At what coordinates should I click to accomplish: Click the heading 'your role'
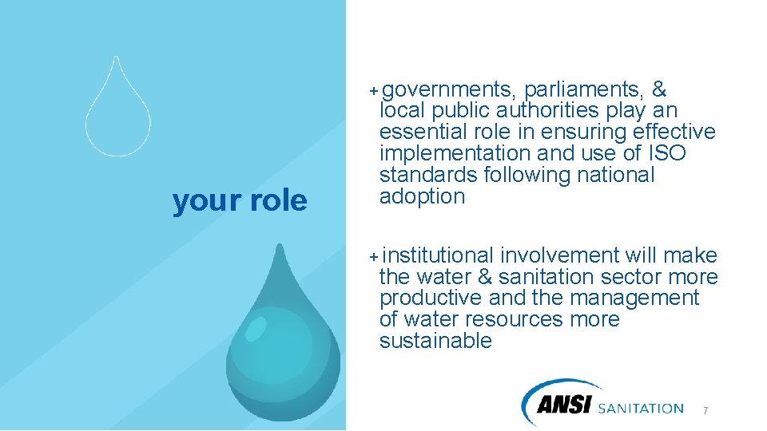pos(240,202)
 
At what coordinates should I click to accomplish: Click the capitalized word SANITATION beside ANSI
pos(640,409)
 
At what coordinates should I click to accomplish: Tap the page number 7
pos(705,410)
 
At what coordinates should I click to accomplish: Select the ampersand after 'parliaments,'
pos(660,89)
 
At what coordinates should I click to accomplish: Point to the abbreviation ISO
pos(667,153)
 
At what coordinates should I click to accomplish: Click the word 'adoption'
pos(422,197)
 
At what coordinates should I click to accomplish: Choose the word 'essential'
pos(424,132)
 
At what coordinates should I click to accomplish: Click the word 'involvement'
pos(559,255)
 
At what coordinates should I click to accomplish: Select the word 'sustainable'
pos(435,342)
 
